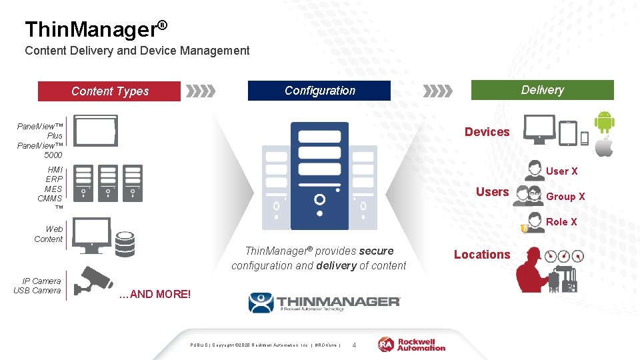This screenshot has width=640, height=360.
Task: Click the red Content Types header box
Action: coord(109,91)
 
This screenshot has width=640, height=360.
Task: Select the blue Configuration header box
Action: coord(319,91)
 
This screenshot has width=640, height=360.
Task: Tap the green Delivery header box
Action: coord(542,90)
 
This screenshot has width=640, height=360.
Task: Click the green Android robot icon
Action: coord(605,122)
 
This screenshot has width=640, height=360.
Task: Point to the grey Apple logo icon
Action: coord(604,147)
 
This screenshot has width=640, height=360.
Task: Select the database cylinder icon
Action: coord(125,244)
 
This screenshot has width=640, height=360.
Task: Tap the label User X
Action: coord(562,171)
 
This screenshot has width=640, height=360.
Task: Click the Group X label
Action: coord(565,197)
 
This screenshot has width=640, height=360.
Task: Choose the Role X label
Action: coord(562,222)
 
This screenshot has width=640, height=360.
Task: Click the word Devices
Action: coord(487,132)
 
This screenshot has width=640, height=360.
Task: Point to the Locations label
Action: coord(482,255)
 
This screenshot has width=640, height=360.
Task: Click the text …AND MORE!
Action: coord(155,294)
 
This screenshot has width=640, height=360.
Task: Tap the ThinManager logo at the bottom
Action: coord(325,303)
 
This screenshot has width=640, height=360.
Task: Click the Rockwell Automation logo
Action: coord(412,344)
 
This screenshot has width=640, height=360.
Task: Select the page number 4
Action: coord(354,345)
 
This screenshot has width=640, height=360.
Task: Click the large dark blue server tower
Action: coord(319,176)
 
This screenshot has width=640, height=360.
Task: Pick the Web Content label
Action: coord(49,234)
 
